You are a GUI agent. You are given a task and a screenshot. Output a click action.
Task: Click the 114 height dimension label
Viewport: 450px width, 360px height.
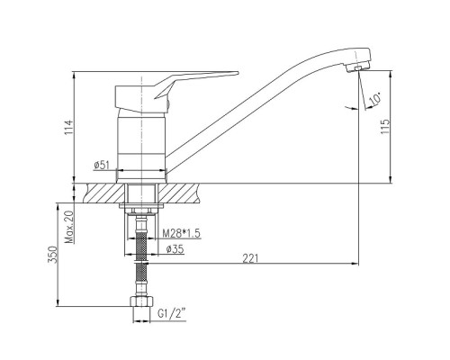(x=69, y=127)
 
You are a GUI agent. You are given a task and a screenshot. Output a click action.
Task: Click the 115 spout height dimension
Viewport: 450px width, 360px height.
(x=385, y=127)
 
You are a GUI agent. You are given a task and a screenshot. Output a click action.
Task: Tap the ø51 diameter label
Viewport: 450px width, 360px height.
(x=102, y=165)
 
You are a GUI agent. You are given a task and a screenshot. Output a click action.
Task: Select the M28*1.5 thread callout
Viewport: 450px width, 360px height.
(x=181, y=233)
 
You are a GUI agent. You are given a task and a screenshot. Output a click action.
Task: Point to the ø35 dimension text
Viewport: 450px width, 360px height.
(x=175, y=249)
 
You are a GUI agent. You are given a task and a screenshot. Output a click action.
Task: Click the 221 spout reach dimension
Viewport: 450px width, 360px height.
(x=250, y=258)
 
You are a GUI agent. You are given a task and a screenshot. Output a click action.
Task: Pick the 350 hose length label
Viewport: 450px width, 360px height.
(x=52, y=255)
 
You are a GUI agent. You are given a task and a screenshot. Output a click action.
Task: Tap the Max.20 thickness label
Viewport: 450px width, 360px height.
(x=69, y=227)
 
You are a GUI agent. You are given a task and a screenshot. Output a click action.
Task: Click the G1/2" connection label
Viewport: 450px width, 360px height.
(x=172, y=314)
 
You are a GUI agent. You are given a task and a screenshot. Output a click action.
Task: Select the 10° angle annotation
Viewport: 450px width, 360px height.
(x=375, y=99)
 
